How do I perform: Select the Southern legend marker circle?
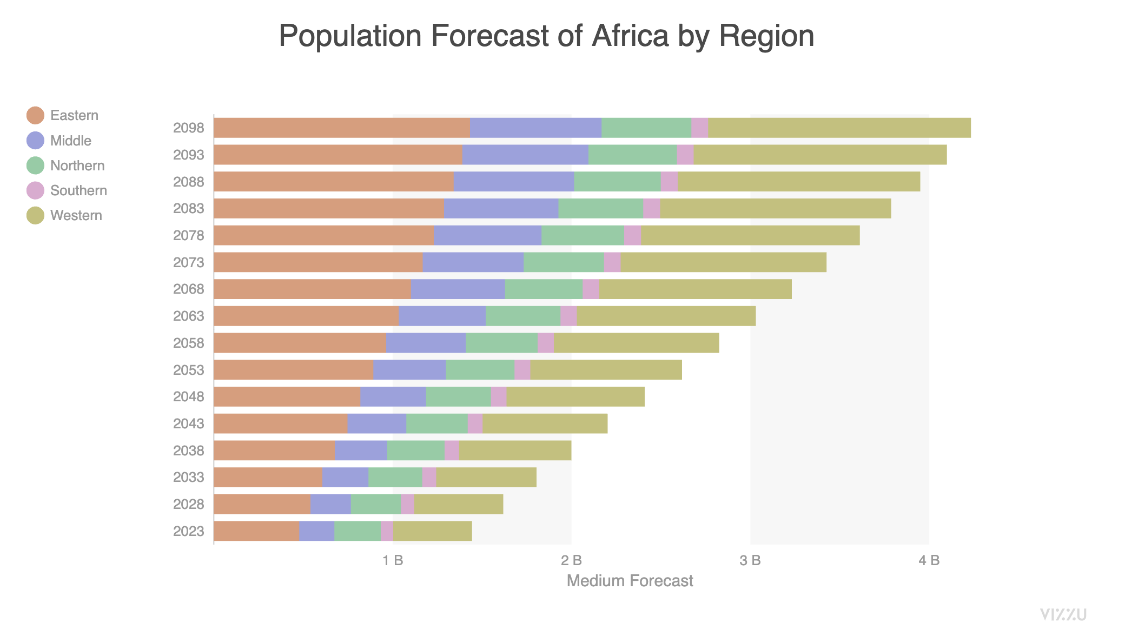35,190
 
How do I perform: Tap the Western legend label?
76,215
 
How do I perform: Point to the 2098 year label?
188,128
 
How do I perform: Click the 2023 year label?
188,531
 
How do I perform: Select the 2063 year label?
188,316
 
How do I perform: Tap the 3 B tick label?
750,560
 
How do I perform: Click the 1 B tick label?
393,560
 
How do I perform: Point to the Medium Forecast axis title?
630,581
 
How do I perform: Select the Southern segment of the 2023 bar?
387,531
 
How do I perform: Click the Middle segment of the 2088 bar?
514,182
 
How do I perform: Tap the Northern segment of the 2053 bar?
480,370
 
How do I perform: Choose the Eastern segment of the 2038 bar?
274,451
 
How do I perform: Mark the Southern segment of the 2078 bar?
632,235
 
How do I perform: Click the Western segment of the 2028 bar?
458,504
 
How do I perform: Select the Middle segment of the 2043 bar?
376,423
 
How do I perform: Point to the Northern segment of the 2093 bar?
632,155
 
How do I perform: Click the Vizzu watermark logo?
1063,614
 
